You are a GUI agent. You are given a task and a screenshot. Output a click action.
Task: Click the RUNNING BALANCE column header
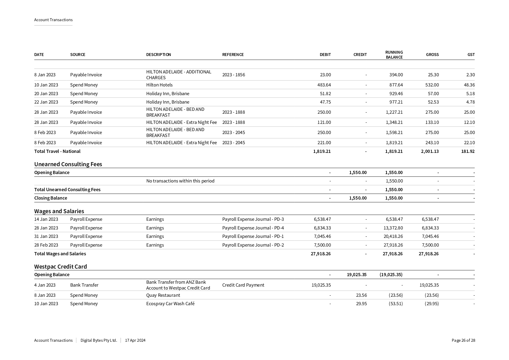[x=394, y=55]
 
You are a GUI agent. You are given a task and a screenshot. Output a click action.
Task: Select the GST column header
[x=471, y=55]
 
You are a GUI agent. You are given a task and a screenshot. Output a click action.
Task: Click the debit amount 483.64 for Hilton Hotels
[x=324, y=85]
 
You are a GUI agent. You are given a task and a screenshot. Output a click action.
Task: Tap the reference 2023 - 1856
[x=233, y=75]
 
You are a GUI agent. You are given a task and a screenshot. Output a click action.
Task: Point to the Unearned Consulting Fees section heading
[x=68, y=164]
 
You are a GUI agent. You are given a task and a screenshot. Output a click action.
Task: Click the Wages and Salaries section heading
[x=59, y=211]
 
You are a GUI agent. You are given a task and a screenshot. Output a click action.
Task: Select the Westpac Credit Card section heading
[x=60, y=267]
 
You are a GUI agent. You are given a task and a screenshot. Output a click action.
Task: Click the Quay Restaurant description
[x=163, y=295]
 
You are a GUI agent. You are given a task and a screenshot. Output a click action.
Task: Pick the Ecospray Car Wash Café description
[x=170, y=304]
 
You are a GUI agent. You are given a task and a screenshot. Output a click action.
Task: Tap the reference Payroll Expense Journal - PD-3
[x=253, y=219]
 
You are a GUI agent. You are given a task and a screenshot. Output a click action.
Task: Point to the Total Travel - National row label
[x=57, y=151]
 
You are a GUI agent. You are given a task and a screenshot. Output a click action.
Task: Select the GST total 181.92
[x=468, y=151]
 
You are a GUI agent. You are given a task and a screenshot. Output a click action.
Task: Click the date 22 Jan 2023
[x=46, y=102]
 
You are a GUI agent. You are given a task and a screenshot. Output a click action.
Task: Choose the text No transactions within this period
[x=180, y=181]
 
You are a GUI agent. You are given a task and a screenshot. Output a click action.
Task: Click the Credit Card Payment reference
[x=243, y=285]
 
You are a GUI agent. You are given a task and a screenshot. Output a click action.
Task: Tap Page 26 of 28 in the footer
[x=463, y=341]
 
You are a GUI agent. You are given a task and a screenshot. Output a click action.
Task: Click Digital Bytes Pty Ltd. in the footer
[x=99, y=341]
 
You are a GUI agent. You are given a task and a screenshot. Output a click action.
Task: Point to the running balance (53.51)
[x=396, y=304]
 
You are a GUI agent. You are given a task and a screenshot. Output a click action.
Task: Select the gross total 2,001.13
[x=429, y=151]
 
